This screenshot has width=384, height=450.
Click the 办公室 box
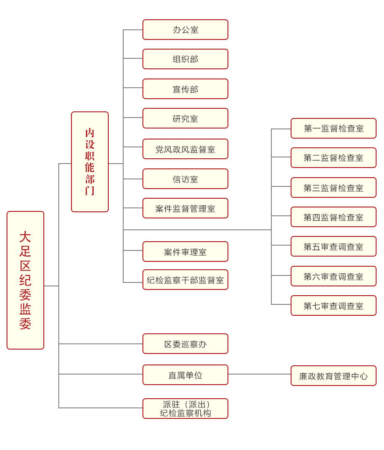click(x=185, y=30)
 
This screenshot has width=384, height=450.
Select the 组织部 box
click(x=185, y=59)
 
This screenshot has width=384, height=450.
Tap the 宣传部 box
click(x=185, y=89)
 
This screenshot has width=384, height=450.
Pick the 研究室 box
click(x=185, y=118)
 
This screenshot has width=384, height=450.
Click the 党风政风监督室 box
click(x=185, y=149)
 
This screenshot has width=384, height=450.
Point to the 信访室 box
click(x=185, y=179)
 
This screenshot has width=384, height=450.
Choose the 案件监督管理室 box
click(x=185, y=208)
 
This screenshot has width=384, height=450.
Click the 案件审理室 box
click(x=185, y=252)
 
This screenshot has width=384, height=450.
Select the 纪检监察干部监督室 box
click(x=185, y=280)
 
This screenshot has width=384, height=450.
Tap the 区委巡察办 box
click(x=185, y=344)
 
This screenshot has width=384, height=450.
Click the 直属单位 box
click(x=185, y=375)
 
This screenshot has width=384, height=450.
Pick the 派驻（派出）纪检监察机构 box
click(x=185, y=409)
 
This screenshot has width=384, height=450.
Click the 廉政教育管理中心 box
click(x=333, y=376)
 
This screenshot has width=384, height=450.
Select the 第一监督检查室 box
click(x=333, y=129)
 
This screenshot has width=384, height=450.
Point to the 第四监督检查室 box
click(x=333, y=217)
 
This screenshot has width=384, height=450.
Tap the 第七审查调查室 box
click(x=333, y=306)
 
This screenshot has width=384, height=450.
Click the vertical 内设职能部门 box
click(x=90, y=162)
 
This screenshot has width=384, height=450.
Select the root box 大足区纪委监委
click(x=25, y=280)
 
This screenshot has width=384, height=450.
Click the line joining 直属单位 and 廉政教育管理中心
click(x=260, y=374)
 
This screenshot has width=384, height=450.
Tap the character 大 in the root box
click(x=25, y=237)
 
